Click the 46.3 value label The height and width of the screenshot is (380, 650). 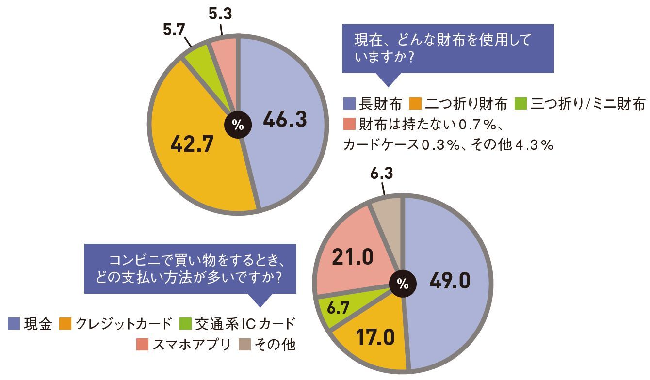tap(285, 119)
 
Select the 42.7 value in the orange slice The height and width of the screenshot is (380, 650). tap(192, 144)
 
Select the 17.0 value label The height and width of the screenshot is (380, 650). tap(374, 338)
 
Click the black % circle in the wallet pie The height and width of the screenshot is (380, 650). tap(237, 125)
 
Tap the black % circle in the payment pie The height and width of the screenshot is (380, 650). tap(402, 285)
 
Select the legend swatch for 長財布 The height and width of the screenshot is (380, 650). tap(349, 104)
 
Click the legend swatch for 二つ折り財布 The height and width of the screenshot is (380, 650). tap(416, 104)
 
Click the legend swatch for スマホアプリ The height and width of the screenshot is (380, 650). tap(142, 345)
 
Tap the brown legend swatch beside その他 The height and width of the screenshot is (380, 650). tap(245, 345)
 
